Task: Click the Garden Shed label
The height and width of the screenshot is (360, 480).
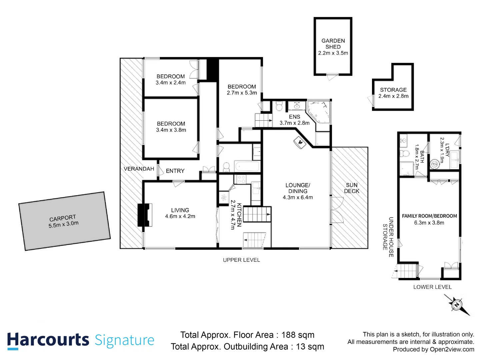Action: [333, 44]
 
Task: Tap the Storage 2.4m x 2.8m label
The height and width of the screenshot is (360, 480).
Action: [393, 93]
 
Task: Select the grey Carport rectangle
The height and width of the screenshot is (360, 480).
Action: [64, 221]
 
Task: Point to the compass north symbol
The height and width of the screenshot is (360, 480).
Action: [457, 304]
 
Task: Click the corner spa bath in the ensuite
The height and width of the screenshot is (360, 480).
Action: [318, 111]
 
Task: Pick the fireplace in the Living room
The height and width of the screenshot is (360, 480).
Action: [145, 215]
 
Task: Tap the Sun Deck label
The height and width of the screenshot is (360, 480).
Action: [352, 188]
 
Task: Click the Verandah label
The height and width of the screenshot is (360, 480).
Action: [139, 169]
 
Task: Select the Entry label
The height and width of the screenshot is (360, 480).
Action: [175, 171]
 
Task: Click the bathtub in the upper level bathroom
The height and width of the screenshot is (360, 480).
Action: [247, 166]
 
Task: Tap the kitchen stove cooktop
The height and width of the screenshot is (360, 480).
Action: [241, 179]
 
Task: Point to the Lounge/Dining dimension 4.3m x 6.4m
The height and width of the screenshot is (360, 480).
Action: [298, 197]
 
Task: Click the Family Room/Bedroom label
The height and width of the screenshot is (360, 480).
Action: [429, 216]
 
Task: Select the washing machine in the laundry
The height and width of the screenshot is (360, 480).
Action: [434, 164]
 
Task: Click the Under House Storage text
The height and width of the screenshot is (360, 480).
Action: [388, 237]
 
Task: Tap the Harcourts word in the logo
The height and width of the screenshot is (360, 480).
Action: [48, 340]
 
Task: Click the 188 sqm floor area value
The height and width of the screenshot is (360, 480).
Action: [298, 335]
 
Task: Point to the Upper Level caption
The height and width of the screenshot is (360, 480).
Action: [241, 260]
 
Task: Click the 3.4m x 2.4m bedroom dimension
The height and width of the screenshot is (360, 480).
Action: [171, 82]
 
